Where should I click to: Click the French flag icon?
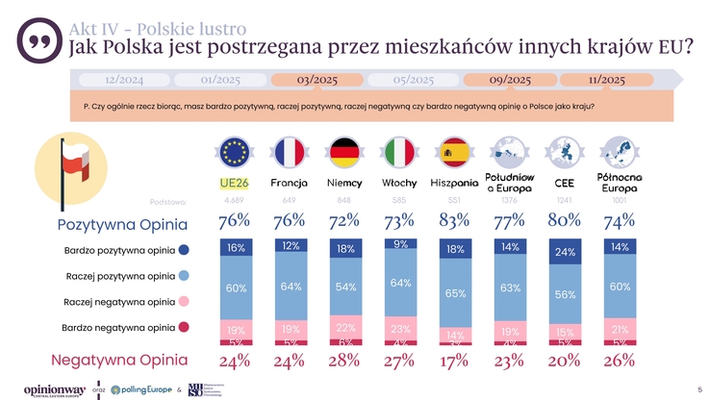(289, 152)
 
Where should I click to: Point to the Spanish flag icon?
(454, 152)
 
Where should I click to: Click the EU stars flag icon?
(234, 152)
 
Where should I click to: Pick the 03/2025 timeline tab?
(317, 79)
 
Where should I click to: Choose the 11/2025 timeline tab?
(606, 79)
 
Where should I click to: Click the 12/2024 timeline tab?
(124, 79)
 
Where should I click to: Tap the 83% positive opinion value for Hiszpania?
(454, 221)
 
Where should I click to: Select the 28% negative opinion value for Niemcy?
(343, 362)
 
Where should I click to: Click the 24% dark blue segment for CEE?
(565, 252)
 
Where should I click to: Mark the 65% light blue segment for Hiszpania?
(454, 293)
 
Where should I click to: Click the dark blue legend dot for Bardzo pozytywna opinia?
(184, 251)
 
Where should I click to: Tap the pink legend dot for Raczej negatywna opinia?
(184, 302)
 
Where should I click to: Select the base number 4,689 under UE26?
(234, 200)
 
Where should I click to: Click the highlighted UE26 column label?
(234, 183)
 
